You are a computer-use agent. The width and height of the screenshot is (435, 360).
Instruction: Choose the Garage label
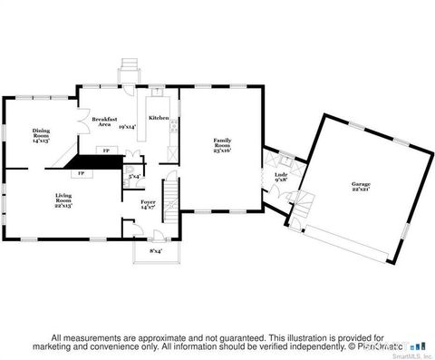(361, 187)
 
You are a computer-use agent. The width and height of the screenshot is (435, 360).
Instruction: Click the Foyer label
(148, 205)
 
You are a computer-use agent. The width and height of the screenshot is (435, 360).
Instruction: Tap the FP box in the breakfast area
(105, 150)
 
